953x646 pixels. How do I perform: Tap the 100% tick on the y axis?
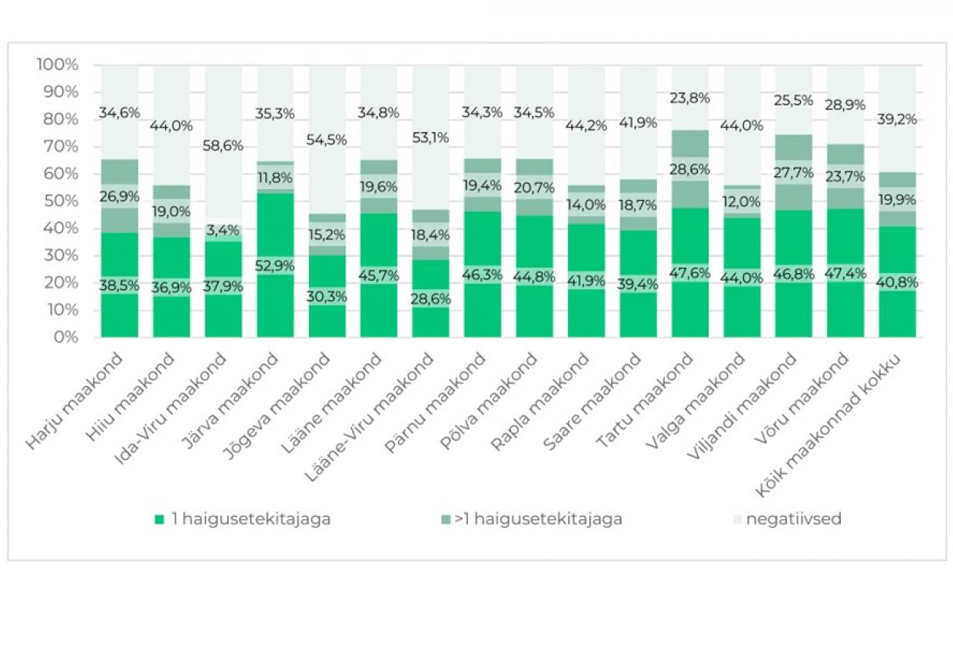57,65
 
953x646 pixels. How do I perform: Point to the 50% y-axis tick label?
61,201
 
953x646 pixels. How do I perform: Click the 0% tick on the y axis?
68,337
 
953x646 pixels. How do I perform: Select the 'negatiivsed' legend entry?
775,519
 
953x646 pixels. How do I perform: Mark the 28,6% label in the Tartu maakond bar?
689,169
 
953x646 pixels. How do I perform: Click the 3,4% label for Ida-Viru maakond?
224,231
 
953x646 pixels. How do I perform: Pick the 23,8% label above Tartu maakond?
689,98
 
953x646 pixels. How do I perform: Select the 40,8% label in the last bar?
898,282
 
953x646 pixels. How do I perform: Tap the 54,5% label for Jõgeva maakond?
327,140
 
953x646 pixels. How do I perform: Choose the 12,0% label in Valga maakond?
742,201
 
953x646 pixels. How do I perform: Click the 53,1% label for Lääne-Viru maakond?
431,138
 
